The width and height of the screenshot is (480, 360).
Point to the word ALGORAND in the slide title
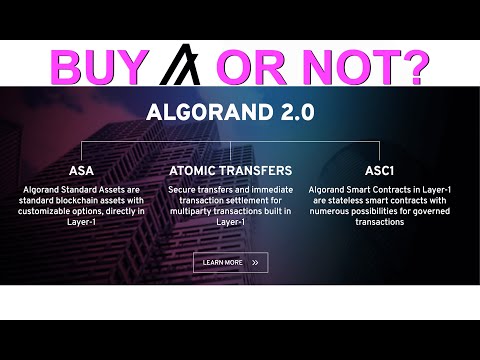(204, 111)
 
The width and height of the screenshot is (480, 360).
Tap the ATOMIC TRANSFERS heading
(231, 171)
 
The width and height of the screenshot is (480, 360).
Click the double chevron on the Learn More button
(256, 263)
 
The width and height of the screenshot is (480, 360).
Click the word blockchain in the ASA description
(80, 201)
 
